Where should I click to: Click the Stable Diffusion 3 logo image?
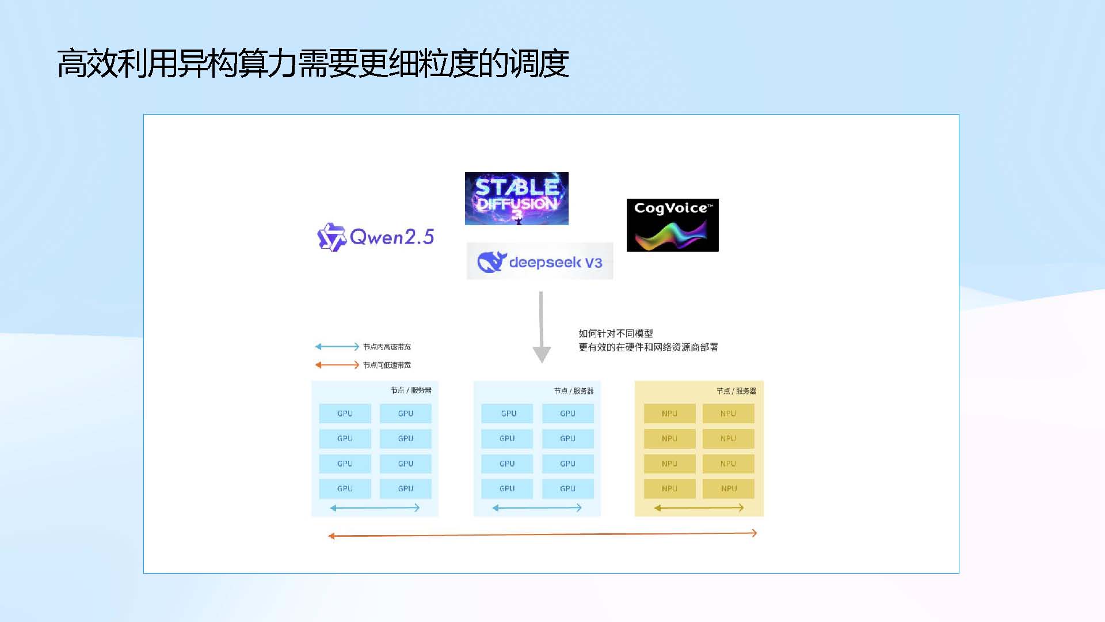[516, 198]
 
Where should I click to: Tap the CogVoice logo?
[672, 225]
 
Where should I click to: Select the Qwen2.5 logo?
[376, 237]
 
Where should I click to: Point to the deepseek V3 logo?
[539, 261]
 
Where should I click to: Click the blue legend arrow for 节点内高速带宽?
[337, 347]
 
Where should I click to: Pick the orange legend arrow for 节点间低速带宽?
[337, 365]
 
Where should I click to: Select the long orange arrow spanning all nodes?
[542, 534]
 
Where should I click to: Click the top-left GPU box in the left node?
[345, 414]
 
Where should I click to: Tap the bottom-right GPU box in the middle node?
[567, 488]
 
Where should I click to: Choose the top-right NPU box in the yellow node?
[728, 414]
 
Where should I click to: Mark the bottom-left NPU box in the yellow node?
[669, 488]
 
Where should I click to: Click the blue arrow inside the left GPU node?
[375, 508]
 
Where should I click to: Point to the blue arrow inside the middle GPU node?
[537, 508]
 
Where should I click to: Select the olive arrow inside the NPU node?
[699, 508]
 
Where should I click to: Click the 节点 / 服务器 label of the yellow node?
[736, 391]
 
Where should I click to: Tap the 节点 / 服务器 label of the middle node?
[574, 391]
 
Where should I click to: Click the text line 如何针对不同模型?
[616, 333]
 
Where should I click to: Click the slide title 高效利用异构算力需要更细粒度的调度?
[313, 63]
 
